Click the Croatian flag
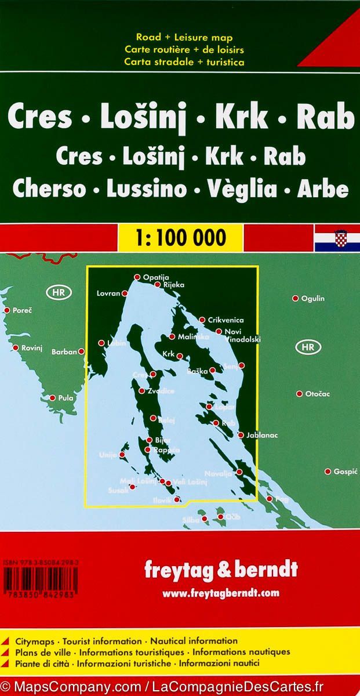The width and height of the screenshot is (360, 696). (337, 239)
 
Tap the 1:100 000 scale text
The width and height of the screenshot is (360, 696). (180, 237)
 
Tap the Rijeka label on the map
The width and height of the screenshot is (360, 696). (174, 285)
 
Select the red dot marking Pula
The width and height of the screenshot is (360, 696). (53, 398)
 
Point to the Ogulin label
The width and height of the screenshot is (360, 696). (313, 299)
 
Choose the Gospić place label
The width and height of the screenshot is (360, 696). (345, 472)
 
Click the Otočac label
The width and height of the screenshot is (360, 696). (317, 394)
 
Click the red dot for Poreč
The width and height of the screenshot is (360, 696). (8, 310)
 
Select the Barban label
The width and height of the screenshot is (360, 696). (64, 351)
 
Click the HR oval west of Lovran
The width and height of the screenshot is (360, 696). (59, 292)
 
